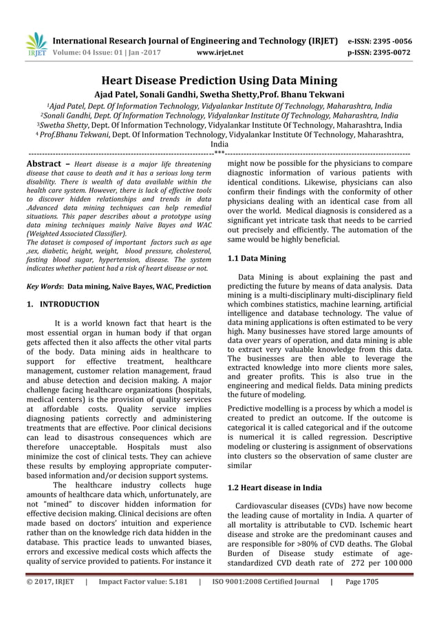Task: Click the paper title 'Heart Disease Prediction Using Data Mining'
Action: point(219,80)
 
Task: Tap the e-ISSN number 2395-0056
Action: point(389,41)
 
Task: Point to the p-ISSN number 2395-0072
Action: point(390,51)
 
